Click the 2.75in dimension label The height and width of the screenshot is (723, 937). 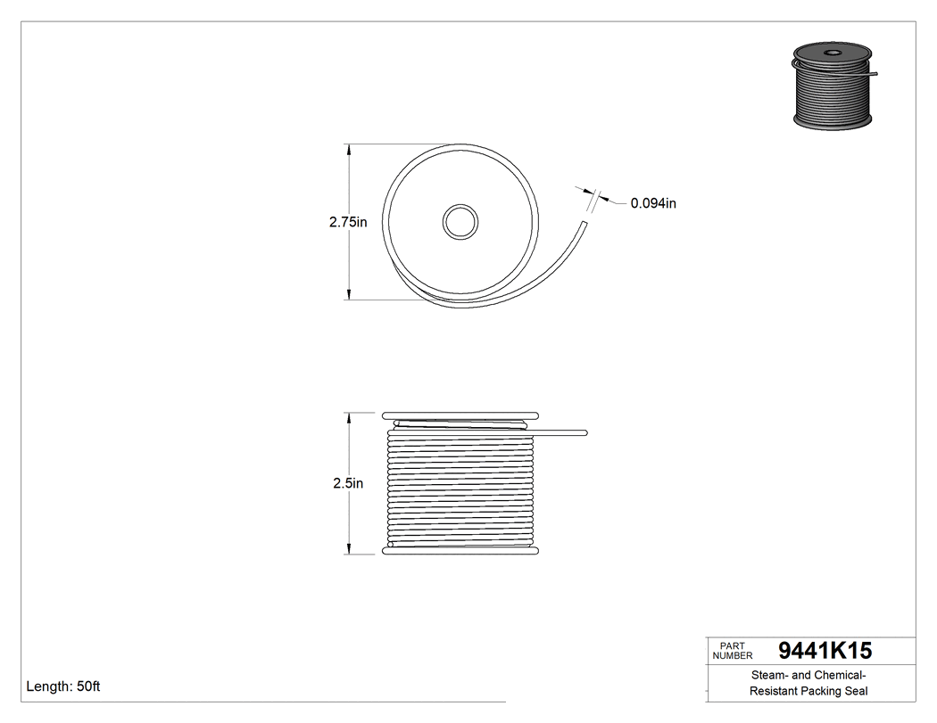coord(348,222)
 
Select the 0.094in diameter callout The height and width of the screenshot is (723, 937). coord(653,203)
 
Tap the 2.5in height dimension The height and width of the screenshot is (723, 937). coord(348,483)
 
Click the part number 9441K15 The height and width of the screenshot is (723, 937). coord(825,651)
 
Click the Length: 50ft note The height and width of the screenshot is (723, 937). coord(63,686)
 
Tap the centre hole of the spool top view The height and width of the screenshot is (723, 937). coord(460,221)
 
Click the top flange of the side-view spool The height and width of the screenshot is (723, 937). coord(460,415)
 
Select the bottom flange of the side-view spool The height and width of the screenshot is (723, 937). coord(460,551)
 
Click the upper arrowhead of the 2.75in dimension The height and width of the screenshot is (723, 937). coord(348,149)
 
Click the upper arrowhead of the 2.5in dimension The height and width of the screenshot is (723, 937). coord(348,417)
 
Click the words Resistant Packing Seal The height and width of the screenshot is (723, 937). coord(808,691)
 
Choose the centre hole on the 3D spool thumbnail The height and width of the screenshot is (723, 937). coord(832,53)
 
